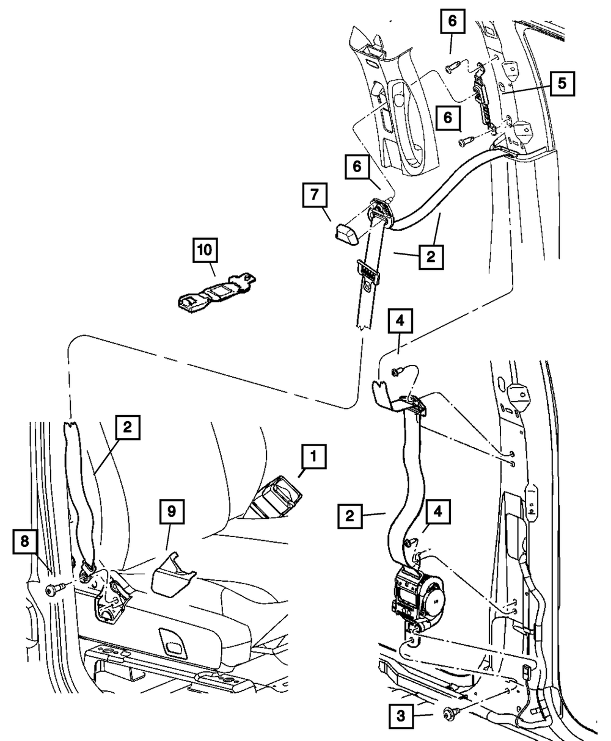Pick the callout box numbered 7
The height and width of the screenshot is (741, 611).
pos(314,197)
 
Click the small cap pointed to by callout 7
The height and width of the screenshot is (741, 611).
pos(347,232)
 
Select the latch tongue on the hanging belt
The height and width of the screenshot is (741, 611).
pos(368,272)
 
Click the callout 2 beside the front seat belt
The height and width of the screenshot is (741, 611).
pos(126,428)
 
